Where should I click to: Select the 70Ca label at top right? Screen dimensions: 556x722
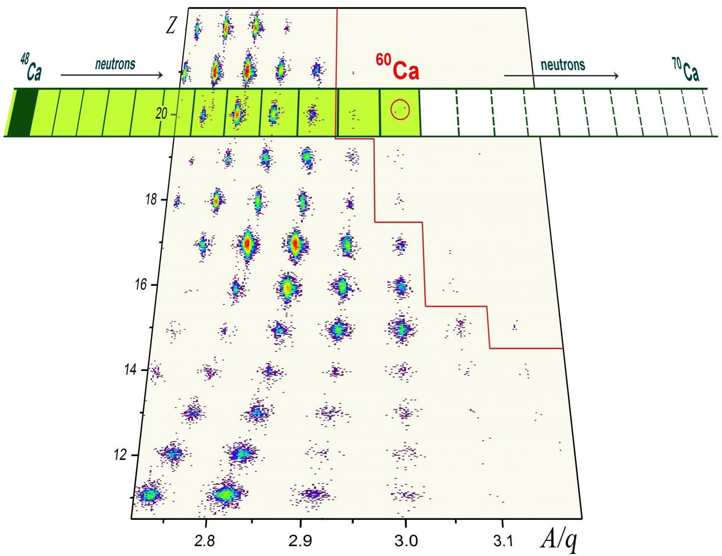[685, 70]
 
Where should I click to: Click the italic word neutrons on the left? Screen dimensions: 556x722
[115, 64]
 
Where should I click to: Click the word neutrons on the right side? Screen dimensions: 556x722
[563, 64]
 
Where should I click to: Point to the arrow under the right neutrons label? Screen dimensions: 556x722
[561, 76]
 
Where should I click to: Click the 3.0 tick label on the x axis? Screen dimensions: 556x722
[405, 541]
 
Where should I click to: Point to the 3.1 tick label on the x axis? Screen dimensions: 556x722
[503, 541]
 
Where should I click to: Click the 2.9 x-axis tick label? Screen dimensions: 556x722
[300, 541]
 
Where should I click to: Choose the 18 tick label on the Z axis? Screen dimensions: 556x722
[150, 199]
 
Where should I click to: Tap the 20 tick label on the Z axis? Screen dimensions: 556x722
[161, 114]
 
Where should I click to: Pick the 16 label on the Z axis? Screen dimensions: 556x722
[140, 284]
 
